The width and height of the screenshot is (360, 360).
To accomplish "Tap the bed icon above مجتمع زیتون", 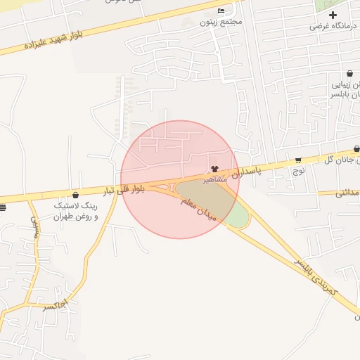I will click(221, 11).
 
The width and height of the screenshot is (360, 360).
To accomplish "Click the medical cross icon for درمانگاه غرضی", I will click(333, 15).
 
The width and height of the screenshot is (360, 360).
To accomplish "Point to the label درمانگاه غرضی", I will click(334, 27).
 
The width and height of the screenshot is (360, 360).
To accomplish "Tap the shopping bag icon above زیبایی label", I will click(349, 73).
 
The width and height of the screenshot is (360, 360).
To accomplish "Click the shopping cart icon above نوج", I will click(299, 160).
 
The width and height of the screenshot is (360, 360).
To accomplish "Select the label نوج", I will click(299, 170).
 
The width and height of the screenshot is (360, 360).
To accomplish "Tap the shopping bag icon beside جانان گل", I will click(357, 149).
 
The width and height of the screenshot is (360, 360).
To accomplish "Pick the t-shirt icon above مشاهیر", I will click(215, 169).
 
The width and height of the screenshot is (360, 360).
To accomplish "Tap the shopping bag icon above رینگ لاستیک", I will click(75, 195).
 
